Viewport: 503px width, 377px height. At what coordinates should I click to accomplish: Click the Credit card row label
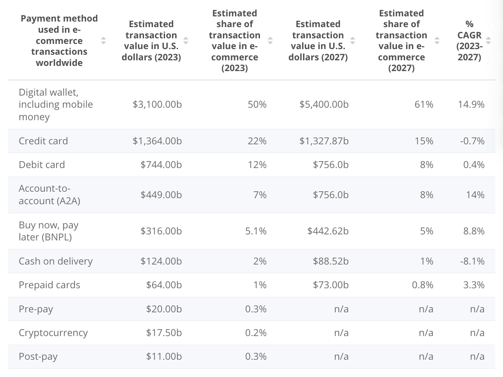(43, 141)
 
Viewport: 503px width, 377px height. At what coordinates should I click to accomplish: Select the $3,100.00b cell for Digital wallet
(157, 104)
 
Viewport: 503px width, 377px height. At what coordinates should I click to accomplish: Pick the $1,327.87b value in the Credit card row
(324, 141)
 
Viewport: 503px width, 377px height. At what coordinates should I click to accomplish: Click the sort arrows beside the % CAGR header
(488, 41)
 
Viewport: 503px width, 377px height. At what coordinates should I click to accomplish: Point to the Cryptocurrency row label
(53, 333)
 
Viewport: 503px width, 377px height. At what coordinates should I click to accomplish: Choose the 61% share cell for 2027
(424, 104)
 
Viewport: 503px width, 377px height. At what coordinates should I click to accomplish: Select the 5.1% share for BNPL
(256, 231)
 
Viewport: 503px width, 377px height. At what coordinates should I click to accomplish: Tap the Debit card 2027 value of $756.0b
(331, 165)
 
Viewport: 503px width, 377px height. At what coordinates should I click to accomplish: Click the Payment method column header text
(59, 41)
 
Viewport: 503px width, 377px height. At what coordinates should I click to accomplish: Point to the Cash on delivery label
(56, 261)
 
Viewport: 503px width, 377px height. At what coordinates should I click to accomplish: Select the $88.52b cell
(331, 261)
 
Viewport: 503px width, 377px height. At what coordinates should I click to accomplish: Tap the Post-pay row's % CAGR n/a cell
(477, 356)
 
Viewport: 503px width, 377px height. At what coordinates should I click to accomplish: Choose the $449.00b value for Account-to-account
(161, 195)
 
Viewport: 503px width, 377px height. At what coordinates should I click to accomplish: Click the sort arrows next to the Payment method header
(103, 41)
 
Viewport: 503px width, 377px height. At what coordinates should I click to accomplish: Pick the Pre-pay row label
(36, 309)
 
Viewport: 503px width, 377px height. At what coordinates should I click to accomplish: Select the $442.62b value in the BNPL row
(328, 231)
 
